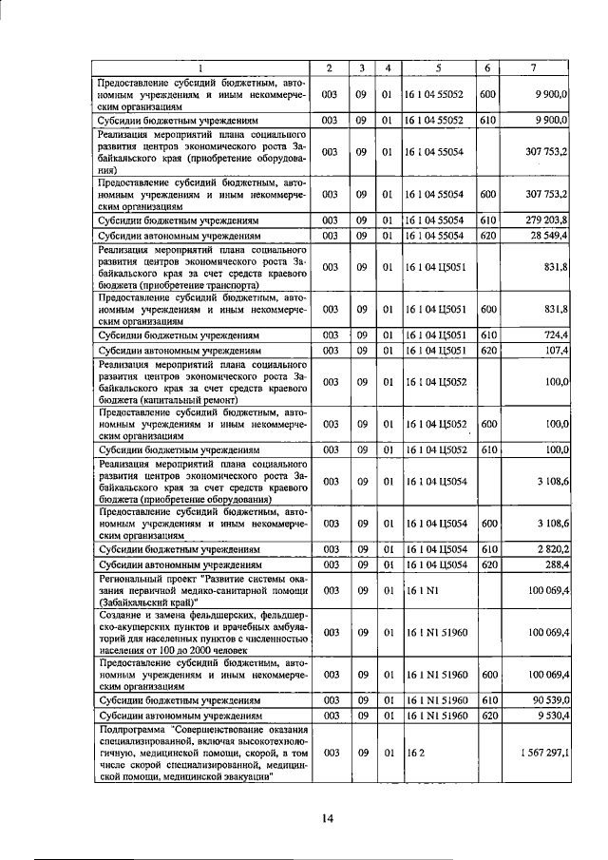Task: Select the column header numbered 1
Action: (201, 67)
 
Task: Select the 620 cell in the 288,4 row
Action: (490, 564)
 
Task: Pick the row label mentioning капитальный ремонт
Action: (201, 381)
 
